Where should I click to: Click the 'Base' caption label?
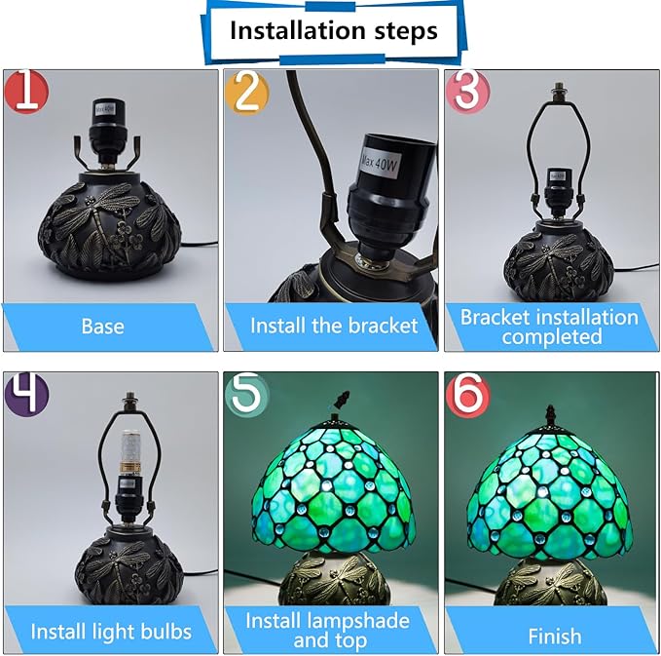coord(102,326)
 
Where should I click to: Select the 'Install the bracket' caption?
coord(333,326)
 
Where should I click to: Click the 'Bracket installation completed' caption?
coord(549,327)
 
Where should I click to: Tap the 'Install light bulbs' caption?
coord(110,631)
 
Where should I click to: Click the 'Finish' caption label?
coord(554,636)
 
